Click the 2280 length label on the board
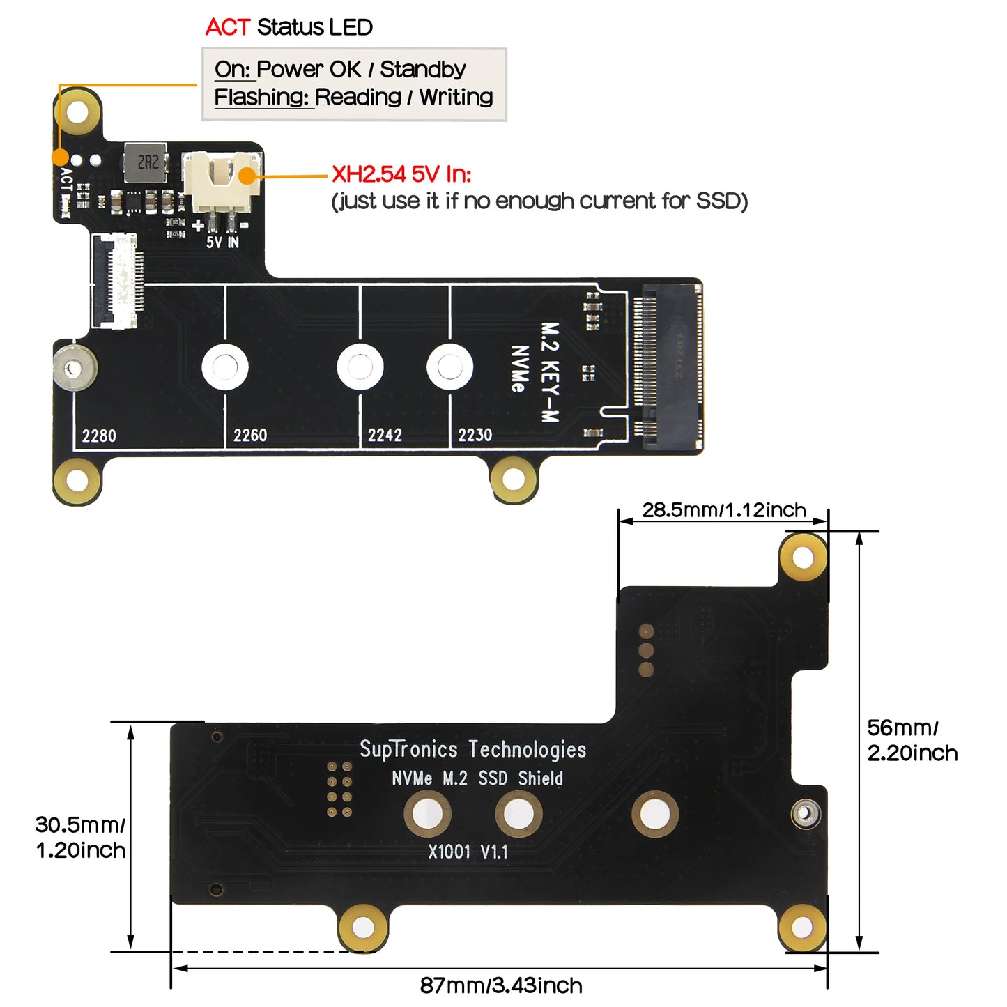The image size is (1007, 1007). pyautogui.click(x=99, y=436)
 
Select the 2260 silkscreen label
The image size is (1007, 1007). pyautogui.click(x=250, y=436)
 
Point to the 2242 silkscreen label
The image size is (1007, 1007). pyautogui.click(x=385, y=436)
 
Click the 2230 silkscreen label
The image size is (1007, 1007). pyautogui.click(x=475, y=436)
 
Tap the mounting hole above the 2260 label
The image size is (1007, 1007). pyautogui.click(x=224, y=367)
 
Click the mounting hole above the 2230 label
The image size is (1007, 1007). pyautogui.click(x=449, y=367)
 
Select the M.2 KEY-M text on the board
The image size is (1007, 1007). pyautogui.click(x=551, y=372)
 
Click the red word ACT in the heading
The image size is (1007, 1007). pyautogui.click(x=227, y=27)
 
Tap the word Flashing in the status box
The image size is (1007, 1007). pyautogui.click(x=261, y=98)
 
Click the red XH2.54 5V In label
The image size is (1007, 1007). pyautogui.click(x=401, y=174)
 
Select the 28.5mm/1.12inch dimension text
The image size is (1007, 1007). pyautogui.click(x=723, y=510)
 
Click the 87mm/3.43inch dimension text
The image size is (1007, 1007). pyautogui.click(x=501, y=985)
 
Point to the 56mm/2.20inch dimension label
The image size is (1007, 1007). pyautogui.click(x=912, y=740)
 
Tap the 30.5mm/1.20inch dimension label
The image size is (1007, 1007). pyautogui.click(x=80, y=838)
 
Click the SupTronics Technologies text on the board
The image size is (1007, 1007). pyautogui.click(x=472, y=749)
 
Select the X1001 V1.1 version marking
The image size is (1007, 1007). pyautogui.click(x=468, y=852)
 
